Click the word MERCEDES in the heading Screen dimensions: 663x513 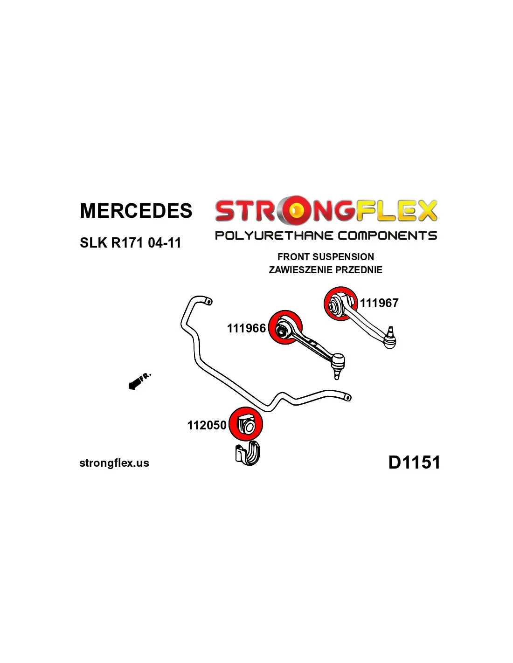[x=136, y=211]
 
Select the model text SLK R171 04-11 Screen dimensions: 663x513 [x=130, y=243]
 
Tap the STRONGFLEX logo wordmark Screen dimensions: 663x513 [x=326, y=211]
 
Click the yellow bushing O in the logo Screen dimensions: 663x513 [x=295, y=211]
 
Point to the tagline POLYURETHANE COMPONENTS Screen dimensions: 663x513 [x=326, y=235]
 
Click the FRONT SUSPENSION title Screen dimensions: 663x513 [x=326, y=257]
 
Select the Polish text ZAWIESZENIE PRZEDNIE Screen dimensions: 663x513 [x=326, y=270]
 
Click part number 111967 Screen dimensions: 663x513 [x=379, y=303]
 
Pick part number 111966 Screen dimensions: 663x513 [x=246, y=328]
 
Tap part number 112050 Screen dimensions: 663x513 [x=207, y=425]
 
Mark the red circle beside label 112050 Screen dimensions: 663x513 [x=246, y=424]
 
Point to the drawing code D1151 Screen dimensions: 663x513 [x=414, y=463]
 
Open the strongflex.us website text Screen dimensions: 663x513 [x=114, y=463]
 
